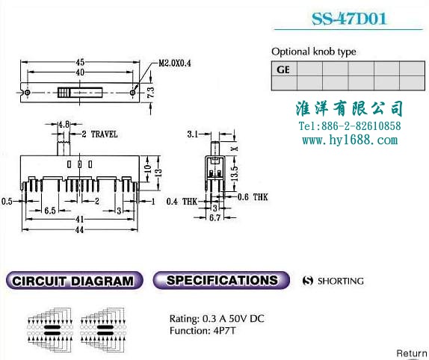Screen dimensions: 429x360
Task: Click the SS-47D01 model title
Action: (349, 19)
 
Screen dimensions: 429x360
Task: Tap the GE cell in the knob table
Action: (284, 69)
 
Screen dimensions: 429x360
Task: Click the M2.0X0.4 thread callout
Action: (175, 63)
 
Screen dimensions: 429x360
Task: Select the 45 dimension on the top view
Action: (80, 62)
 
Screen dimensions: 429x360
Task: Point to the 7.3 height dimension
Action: (151, 93)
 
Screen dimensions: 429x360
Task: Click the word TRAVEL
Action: (104, 134)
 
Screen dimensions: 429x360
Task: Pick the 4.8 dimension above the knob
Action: (64, 125)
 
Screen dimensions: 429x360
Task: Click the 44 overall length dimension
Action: (79, 230)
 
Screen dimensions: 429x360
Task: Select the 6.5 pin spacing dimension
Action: (50, 211)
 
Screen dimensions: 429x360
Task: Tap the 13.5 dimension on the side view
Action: (235, 173)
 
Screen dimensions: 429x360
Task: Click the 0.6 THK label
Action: (253, 197)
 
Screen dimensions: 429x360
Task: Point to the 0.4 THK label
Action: (182, 202)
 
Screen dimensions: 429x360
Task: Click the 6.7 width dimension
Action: (214, 218)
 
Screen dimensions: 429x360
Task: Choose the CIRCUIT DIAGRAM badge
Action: (74, 280)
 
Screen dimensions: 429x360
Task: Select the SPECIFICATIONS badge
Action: (221, 280)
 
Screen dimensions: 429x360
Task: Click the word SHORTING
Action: (341, 281)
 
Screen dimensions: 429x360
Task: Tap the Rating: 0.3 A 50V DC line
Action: (217, 319)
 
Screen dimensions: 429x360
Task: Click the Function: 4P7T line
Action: (203, 331)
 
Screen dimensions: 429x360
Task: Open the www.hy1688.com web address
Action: (350, 140)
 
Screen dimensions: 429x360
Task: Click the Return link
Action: (412, 353)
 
